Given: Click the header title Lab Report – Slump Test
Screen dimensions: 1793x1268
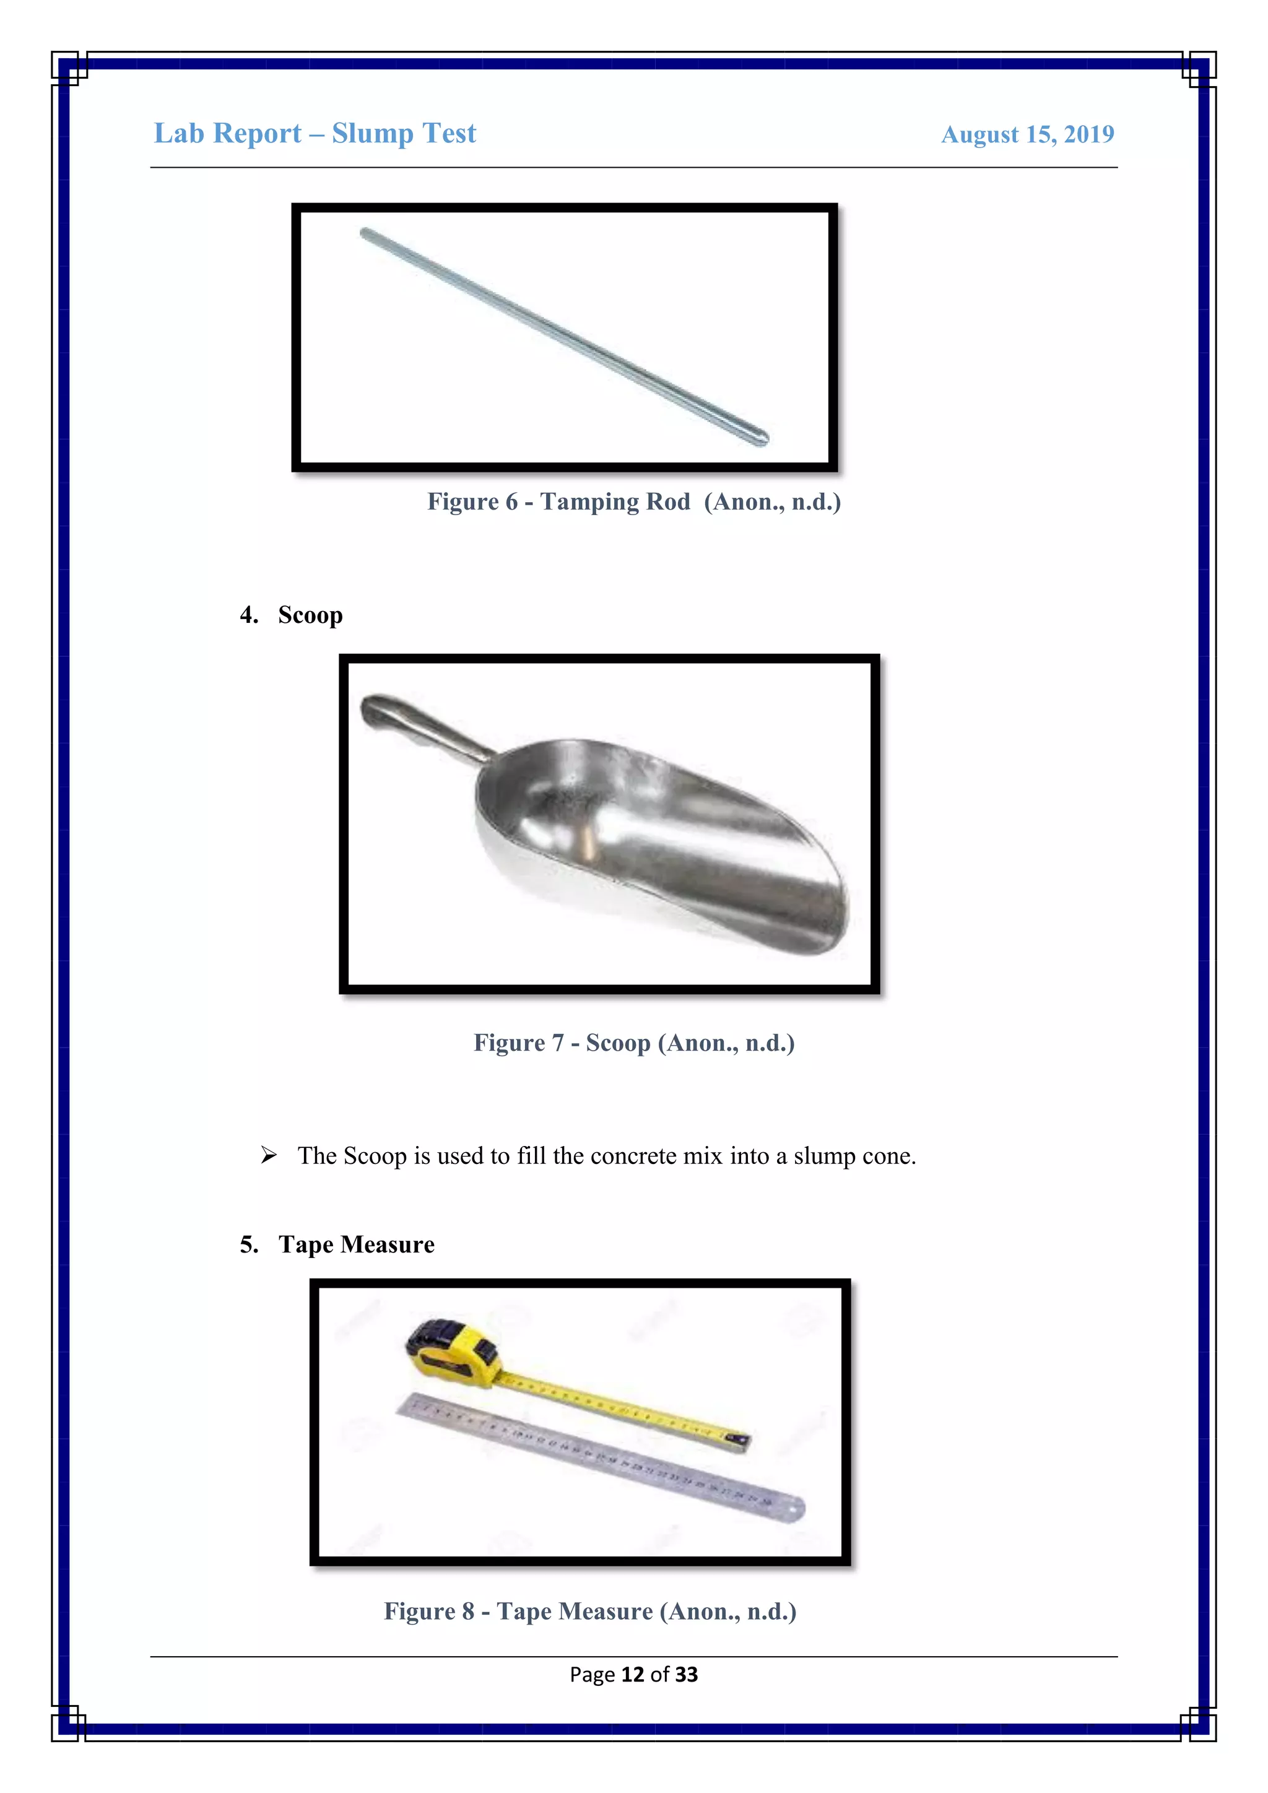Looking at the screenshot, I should point(315,134).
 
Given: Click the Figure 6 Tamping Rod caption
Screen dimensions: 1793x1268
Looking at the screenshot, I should point(633,501).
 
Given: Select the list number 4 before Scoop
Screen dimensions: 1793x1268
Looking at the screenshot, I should point(248,615).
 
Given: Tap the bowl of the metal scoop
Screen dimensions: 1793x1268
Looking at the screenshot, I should point(664,843).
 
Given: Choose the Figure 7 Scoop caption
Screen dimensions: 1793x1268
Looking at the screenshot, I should point(633,1043).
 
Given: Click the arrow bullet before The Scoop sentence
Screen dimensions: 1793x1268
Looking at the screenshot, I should point(269,1155).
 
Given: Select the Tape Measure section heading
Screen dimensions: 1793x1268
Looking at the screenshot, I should point(356,1244).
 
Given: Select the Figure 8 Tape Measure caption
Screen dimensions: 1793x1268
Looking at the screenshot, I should point(589,1611).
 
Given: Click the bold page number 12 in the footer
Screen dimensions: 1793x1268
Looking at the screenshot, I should point(632,1674).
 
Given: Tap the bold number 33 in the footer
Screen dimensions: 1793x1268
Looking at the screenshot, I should point(686,1674).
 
